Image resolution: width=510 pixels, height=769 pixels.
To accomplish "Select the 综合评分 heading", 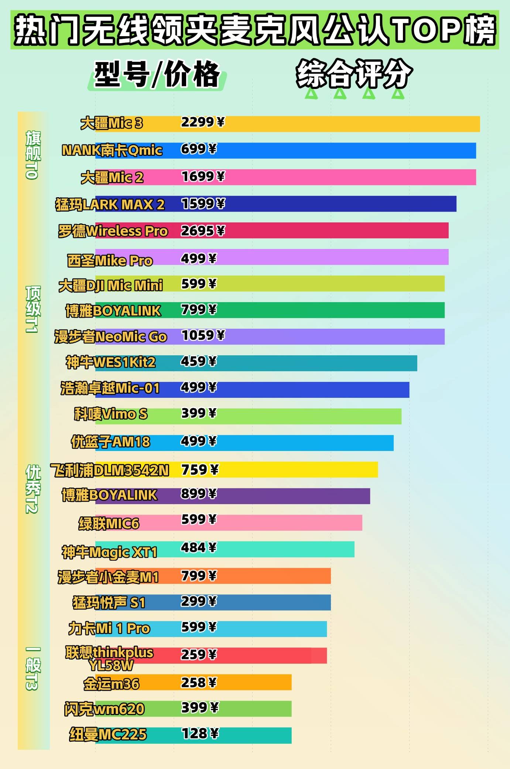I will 354,74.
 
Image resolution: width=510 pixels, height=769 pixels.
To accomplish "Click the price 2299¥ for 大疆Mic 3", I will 202,122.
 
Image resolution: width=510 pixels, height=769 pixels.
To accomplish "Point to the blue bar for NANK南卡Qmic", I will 332,151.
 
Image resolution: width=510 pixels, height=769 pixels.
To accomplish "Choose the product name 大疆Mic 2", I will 112,178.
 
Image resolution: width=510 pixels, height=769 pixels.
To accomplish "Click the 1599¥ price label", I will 203,204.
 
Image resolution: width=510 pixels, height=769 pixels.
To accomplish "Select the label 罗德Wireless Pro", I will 113,231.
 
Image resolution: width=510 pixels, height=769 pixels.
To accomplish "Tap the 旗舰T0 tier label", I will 32,155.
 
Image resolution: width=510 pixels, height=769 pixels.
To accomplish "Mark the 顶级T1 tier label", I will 32,309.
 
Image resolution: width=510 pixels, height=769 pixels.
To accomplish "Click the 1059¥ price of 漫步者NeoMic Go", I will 203,335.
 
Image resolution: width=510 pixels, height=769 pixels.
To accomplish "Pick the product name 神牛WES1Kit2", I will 110,362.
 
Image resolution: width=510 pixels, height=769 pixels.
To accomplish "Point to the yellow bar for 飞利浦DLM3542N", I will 295,469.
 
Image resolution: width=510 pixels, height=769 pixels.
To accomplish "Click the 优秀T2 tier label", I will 32,489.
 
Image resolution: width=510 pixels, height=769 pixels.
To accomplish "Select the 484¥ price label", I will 198,547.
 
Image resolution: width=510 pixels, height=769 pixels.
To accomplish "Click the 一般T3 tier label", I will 32,669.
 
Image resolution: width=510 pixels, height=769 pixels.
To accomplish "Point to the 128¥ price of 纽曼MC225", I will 200,734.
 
